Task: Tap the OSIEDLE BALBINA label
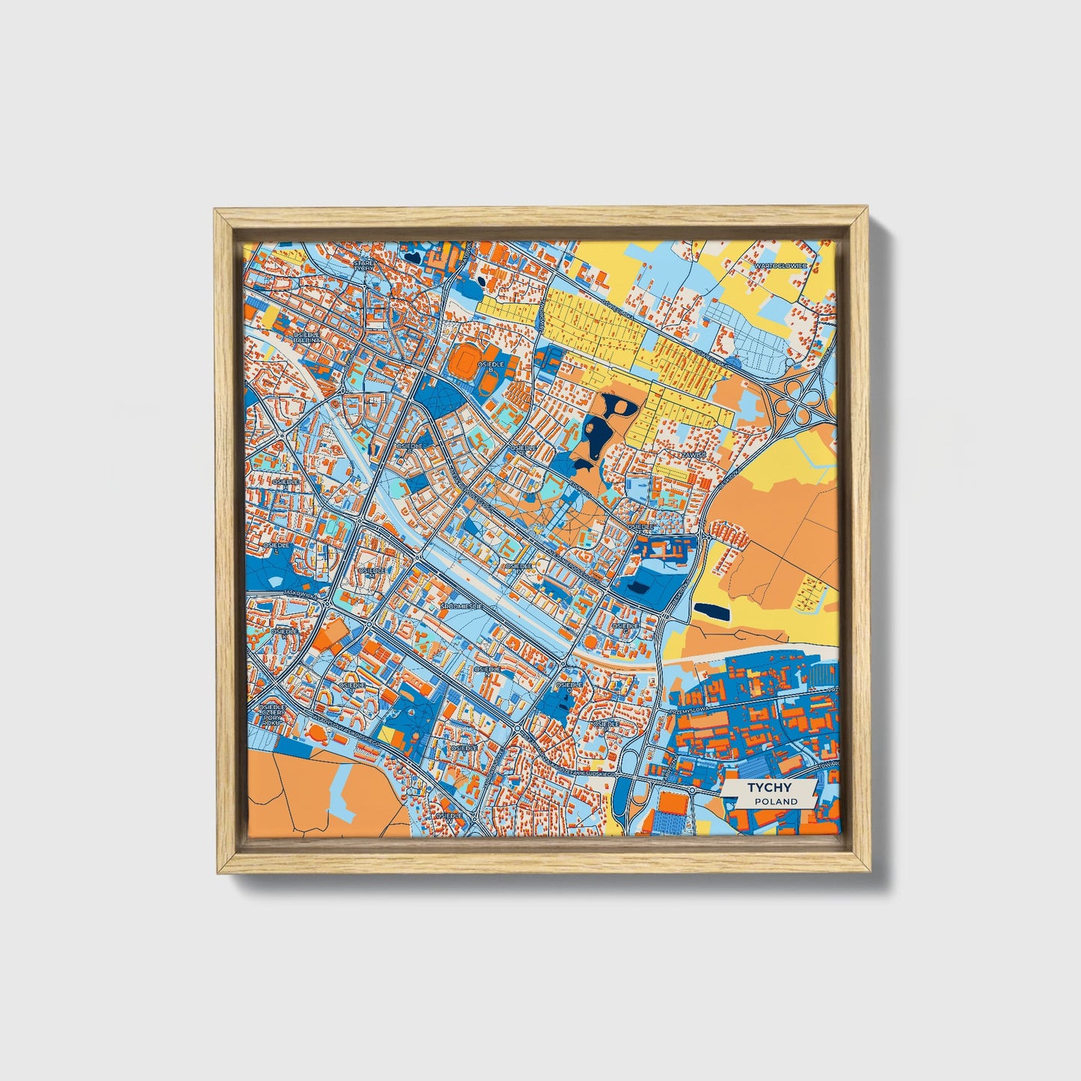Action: click(307, 337)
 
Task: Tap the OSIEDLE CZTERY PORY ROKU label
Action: click(272, 714)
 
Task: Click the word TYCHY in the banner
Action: click(769, 788)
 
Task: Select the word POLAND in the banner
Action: click(776, 801)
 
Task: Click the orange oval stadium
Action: click(464, 362)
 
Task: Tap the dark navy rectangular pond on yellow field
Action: click(711, 612)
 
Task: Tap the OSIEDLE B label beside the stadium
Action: click(491, 367)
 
